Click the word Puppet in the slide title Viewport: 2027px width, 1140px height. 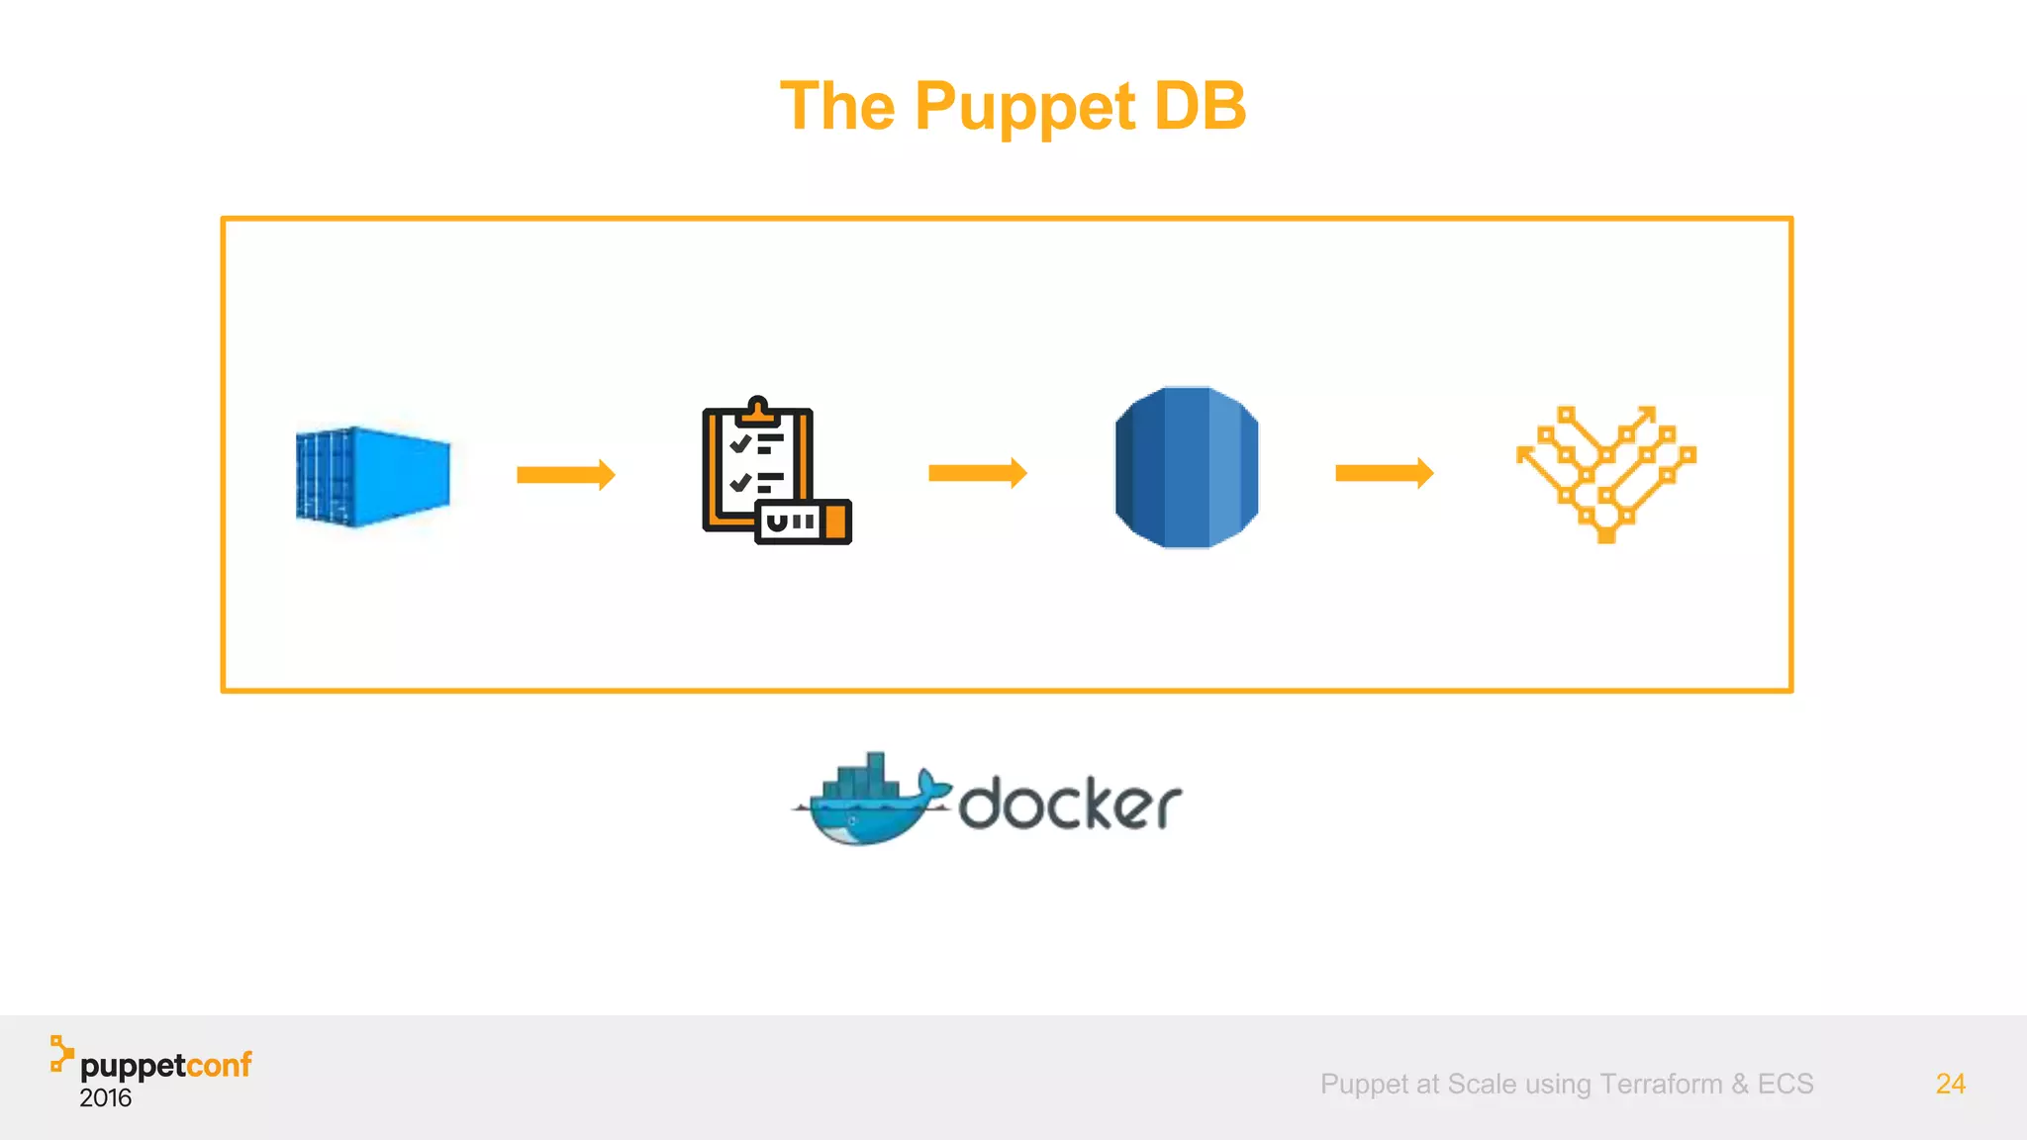(1024, 107)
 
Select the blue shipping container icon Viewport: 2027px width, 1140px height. (373, 476)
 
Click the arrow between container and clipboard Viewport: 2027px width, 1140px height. (565, 475)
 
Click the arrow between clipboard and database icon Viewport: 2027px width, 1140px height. (977, 473)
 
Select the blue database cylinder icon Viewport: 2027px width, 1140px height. (1187, 467)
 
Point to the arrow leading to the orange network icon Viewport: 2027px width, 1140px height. (1384, 473)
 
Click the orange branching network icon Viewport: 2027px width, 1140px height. (1605, 473)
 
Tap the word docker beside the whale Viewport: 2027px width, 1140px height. (1070, 803)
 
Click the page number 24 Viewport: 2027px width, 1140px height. (1950, 1084)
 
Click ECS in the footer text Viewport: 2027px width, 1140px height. (1786, 1084)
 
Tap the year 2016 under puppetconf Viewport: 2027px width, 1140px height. (106, 1097)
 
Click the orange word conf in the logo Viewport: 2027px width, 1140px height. (219, 1065)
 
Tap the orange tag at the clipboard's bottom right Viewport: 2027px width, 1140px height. (836, 522)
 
